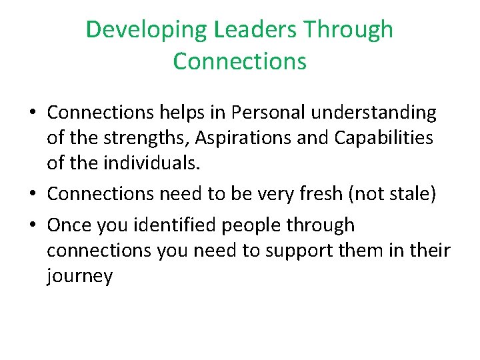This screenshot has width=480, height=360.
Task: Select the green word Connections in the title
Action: [239, 61]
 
